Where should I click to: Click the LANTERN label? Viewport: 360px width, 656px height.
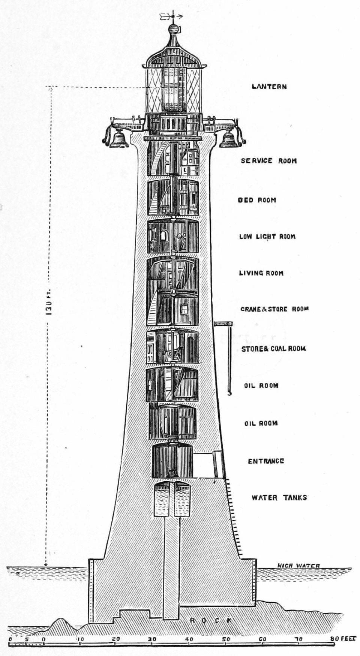point(269,87)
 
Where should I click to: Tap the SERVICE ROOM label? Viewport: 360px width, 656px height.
point(268,161)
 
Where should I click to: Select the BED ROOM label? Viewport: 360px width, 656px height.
point(257,200)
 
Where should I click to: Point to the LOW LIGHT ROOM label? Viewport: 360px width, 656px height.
point(267,237)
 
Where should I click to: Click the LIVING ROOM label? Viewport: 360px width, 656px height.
point(261,273)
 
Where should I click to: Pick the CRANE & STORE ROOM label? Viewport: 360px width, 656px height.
point(274,309)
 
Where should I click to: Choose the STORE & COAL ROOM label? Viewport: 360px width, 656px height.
point(274,349)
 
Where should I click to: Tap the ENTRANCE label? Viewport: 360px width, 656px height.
point(266,461)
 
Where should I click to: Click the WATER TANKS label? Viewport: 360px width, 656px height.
point(279,498)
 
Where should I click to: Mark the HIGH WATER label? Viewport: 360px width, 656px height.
point(298,566)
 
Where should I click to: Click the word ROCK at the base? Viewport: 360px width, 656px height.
point(210,620)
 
